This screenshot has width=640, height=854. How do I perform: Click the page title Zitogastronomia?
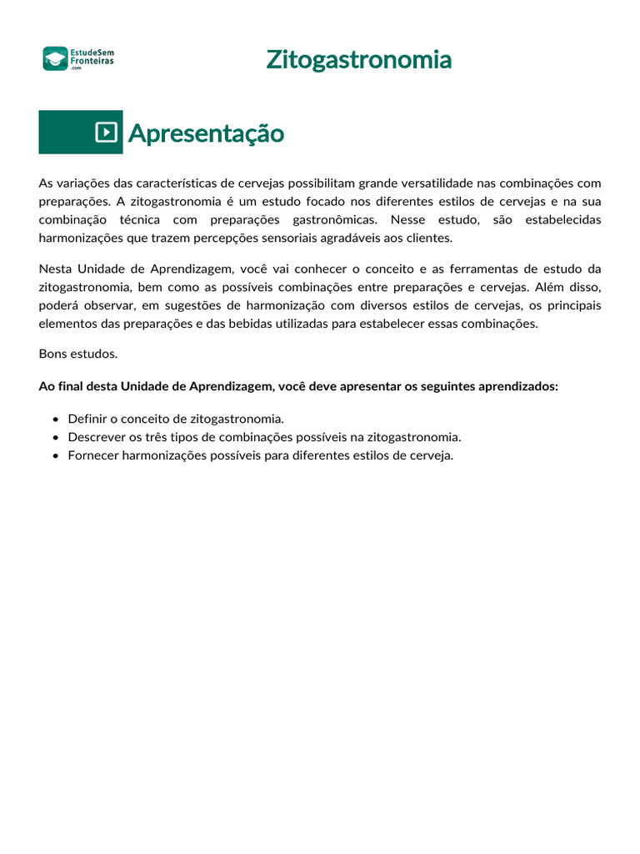(x=359, y=60)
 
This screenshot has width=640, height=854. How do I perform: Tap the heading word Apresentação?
(x=206, y=133)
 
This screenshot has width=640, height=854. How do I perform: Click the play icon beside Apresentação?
(x=106, y=132)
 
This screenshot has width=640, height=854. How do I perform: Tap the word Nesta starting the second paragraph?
(x=55, y=269)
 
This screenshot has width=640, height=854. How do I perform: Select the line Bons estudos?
(x=78, y=354)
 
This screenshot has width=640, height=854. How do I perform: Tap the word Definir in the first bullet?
(x=87, y=419)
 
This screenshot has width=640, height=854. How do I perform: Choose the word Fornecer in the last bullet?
(x=93, y=455)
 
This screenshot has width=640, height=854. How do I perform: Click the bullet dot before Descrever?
(x=55, y=437)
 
